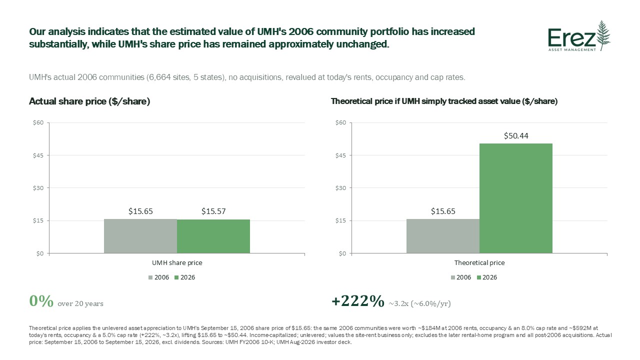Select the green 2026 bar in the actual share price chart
pos(213,236)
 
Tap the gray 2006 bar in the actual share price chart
pos(140,236)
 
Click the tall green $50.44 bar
pos(515,198)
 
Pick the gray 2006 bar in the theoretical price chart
pos(443,236)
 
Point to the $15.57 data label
pos(213,211)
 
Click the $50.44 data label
pos(516,135)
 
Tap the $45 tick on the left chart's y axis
pos(38,155)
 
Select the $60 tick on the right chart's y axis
pos(340,122)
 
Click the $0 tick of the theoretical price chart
pos(342,253)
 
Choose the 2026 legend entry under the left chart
pos(184,277)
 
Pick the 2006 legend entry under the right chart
pos(461,277)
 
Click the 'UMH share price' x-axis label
pos(177,262)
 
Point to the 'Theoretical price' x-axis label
pos(479,262)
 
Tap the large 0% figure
pos(41,301)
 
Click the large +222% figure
pos(357,301)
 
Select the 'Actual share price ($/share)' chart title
pos(89,101)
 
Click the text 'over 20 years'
pos(80,303)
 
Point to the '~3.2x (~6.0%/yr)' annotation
pos(419,303)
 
